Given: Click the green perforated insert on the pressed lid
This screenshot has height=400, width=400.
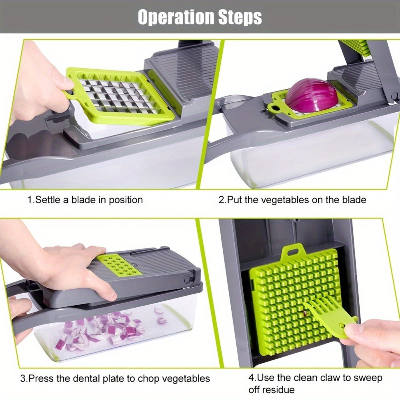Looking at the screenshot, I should [x=119, y=264].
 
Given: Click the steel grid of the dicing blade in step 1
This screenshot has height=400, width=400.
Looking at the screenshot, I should [x=116, y=96].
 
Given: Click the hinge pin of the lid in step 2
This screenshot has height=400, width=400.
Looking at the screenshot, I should [x=394, y=96].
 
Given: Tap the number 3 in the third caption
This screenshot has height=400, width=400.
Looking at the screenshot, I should [x=23, y=378].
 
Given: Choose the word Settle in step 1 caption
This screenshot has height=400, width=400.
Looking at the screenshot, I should [x=47, y=199].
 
